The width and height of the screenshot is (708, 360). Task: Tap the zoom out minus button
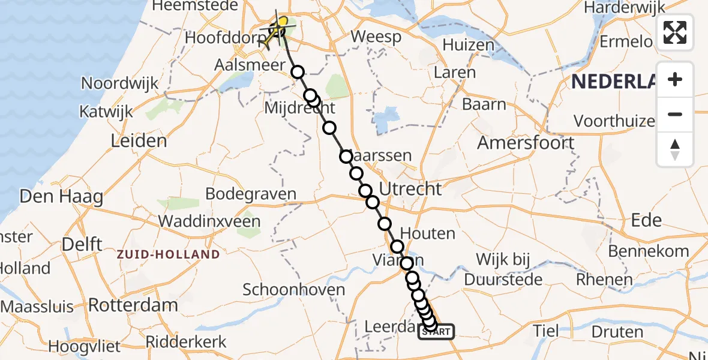675,114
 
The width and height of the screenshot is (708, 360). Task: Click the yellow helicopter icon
278,28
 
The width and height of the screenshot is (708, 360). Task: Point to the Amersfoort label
526,143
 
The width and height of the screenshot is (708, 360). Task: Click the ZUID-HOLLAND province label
168,254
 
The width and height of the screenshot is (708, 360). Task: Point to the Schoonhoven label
294,290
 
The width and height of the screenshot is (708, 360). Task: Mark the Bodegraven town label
251,194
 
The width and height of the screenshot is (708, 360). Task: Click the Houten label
427,233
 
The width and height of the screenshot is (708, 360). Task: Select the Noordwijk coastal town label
120,83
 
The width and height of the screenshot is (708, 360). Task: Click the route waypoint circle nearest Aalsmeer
298,73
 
